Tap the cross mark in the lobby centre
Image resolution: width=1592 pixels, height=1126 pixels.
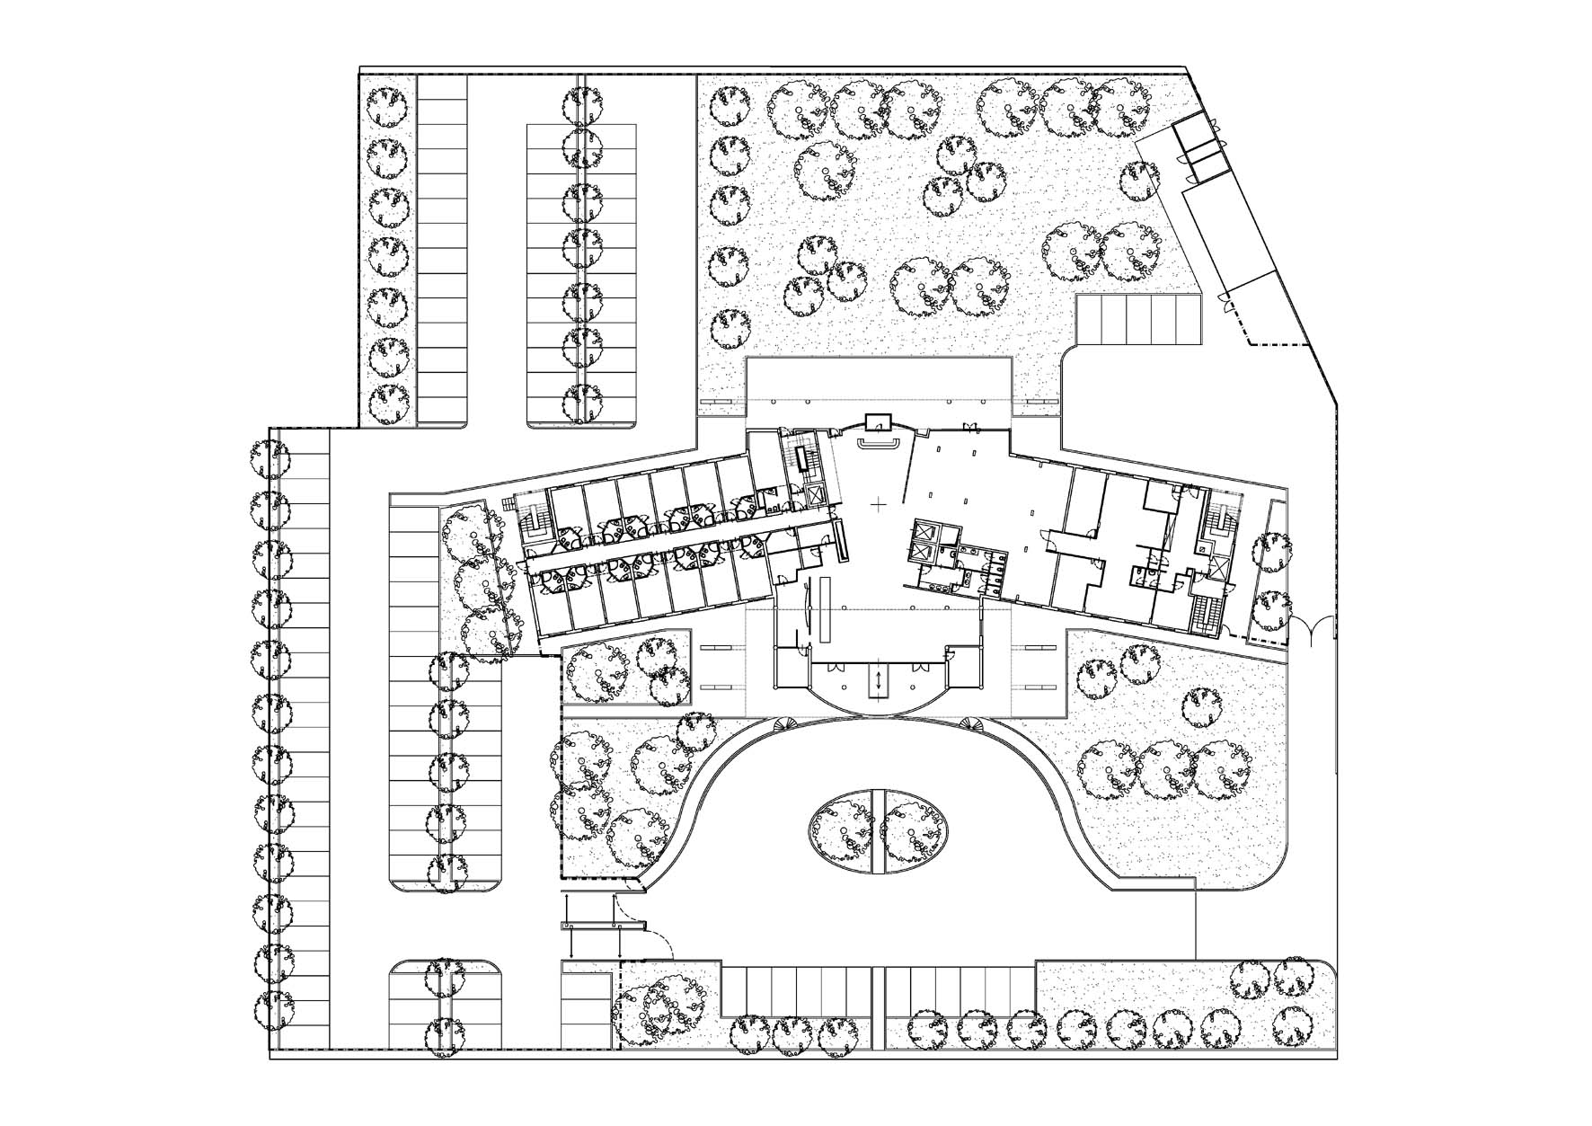(878, 506)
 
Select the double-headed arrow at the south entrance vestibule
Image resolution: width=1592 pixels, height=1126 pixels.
(879, 679)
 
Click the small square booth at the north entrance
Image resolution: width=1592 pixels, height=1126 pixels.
(875, 421)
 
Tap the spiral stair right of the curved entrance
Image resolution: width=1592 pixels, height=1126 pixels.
(976, 724)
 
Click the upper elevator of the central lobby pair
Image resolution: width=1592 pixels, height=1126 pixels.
(925, 531)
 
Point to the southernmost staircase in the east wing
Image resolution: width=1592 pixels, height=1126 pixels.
(1202, 614)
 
